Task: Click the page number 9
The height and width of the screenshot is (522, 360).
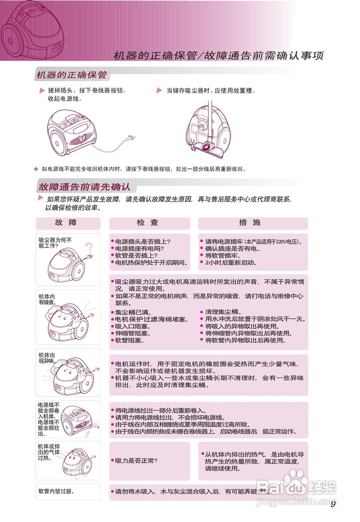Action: click(x=333, y=504)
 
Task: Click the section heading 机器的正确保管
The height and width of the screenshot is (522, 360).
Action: click(x=72, y=75)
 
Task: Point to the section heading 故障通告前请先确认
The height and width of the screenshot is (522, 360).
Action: click(x=84, y=187)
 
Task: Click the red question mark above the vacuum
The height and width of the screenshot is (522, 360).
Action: click(x=89, y=248)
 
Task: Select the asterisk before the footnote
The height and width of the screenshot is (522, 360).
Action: click(x=36, y=169)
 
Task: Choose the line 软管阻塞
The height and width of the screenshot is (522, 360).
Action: click(x=130, y=340)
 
